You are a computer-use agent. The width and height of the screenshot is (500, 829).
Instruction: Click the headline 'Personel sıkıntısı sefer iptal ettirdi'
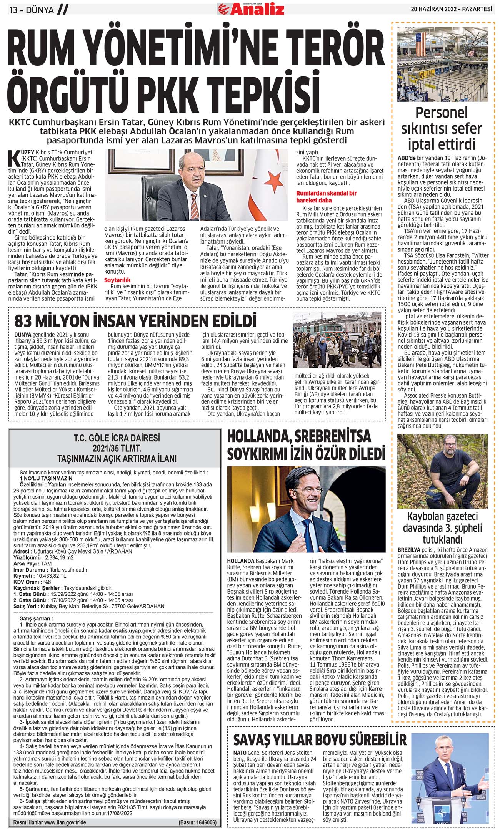pyautogui.click(x=441, y=128)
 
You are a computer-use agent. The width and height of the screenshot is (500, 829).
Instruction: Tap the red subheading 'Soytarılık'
pyautogui.click(x=117, y=280)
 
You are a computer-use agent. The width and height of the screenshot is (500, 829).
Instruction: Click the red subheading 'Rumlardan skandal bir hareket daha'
pyautogui.click(x=326, y=196)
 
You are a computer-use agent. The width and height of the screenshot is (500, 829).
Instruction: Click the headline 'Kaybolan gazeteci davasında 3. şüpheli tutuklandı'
pyautogui.click(x=442, y=527)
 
